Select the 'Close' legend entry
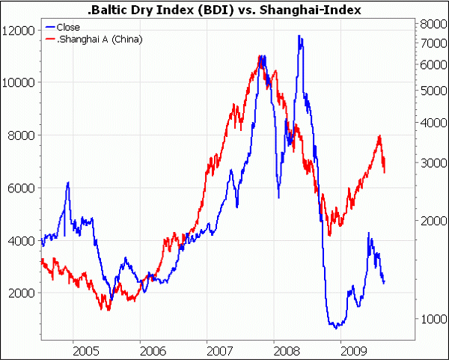click(68, 27)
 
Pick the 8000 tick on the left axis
click(21, 135)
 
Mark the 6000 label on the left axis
click(21, 188)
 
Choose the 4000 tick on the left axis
click(21, 240)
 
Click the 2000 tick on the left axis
click(21, 293)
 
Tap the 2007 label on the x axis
click(219, 349)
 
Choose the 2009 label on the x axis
click(352, 349)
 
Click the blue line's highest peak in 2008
click(299, 35)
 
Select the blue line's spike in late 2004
click(68, 183)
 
